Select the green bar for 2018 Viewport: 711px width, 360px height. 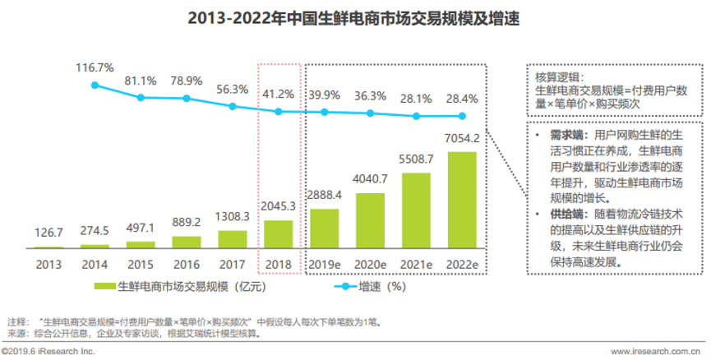(x=278, y=233)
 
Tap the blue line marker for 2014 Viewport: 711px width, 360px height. (x=95, y=85)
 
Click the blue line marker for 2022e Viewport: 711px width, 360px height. (x=464, y=116)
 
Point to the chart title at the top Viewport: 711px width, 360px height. (x=354, y=17)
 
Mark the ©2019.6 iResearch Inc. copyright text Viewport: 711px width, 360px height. (x=48, y=352)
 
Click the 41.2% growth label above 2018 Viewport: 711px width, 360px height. (x=278, y=94)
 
